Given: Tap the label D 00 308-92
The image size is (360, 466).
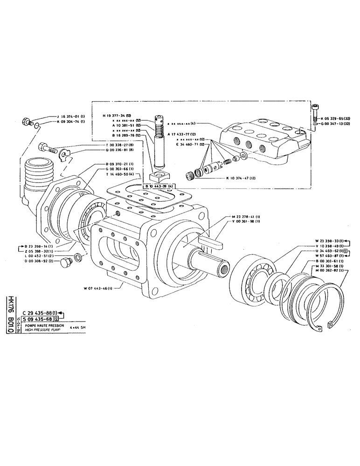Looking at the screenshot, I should pos(41,261).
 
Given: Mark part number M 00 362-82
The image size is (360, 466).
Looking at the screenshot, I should pos(329,271).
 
